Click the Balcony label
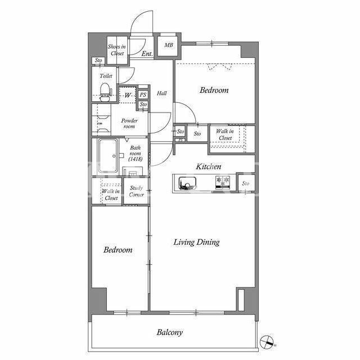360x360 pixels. pyautogui.click(x=170, y=332)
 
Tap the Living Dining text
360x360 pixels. pyautogui.click(x=196, y=242)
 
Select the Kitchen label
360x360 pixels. pyautogui.click(x=209, y=166)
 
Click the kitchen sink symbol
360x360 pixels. pyautogui.click(x=187, y=183)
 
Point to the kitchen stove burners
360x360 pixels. pyautogui.click(x=223, y=182)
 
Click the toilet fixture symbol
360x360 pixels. pyautogui.click(x=105, y=92)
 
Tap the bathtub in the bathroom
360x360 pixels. pyautogui.click(x=107, y=156)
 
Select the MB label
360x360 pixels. pyautogui.click(x=169, y=45)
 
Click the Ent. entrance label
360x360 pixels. pyautogui.click(x=147, y=54)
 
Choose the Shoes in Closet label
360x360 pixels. pyautogui.click(x=117, y=50)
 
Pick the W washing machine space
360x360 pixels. pyautogui.click(x=128, y=95)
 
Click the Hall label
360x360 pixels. pyautogui.click(x=161, y=93)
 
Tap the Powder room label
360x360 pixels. pyautogui.click(x=129, y=123)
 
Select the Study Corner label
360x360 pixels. pyautogui.click(x=136, y=191)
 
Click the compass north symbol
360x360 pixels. pyautogui.click(x=267, y=341)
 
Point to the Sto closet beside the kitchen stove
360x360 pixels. pyautogui.click(x=246, y=183)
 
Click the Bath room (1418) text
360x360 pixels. pyautogui.click(x=135, y=153)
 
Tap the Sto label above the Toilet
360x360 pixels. pyautogui.click(x=98, y=60)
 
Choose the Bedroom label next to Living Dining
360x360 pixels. pyautogui.click(x=118, y=250)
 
